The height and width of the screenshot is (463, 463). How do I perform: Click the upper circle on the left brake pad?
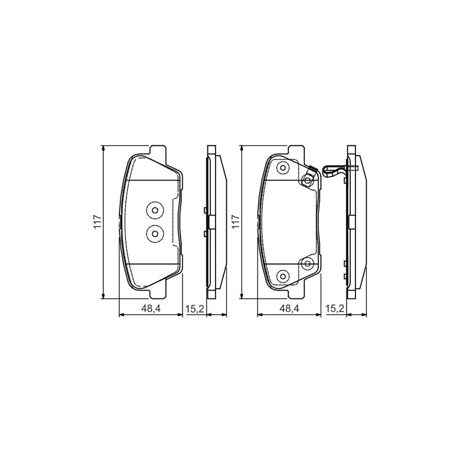pyautogui.click(x=154, y=210)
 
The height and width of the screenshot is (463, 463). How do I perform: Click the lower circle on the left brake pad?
pyautogui.click(x=154, y=234)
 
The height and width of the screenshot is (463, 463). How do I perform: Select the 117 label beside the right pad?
pyautogui.click(x=236, y=222)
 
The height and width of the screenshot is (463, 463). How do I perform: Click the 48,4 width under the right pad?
pyautogui.click(x=289, y=309)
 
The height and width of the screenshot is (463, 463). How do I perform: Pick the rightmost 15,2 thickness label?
pyautogui.click(x=334, y=309)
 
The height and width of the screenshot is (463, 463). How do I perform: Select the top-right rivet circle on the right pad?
pyautogui.click(x=308, y=180)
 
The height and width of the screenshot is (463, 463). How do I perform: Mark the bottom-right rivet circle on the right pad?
pyautogui.click(x=308, y=263)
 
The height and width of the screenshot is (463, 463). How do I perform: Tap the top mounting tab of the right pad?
pyautogui.click(x=295, y=150)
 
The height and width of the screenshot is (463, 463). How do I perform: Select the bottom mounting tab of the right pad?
pyautogui.click(x=295, y=294)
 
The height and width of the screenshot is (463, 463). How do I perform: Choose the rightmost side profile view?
pyautogui.click(x=356, y=222)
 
